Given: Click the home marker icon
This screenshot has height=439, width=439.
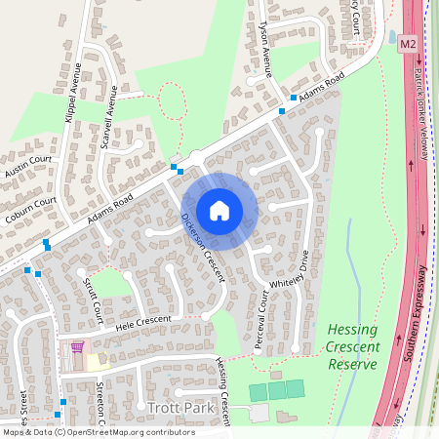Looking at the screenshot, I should point(219,210).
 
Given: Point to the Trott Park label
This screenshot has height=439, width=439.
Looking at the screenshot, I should point(173,405).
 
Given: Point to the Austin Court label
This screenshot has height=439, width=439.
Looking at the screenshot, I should point(27,165).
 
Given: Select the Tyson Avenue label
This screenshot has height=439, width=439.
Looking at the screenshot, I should point(265,48).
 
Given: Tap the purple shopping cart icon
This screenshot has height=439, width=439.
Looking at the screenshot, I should point(77,347).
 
